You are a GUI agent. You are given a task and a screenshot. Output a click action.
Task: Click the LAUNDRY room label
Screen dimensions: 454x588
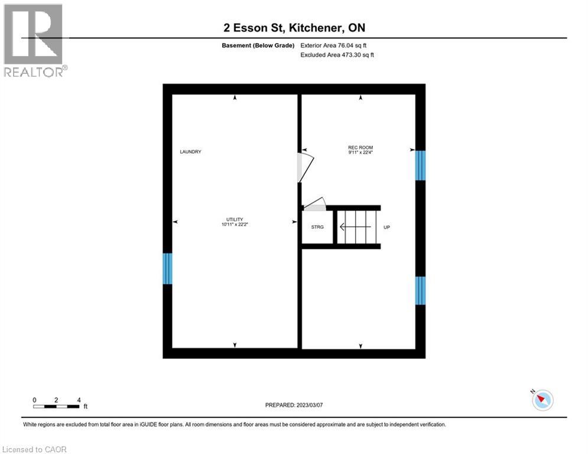tap(190, 152)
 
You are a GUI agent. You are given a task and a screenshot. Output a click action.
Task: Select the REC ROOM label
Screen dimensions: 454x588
tap(360, 147)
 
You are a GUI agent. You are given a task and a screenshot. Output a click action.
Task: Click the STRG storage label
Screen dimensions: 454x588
tap(317, 227)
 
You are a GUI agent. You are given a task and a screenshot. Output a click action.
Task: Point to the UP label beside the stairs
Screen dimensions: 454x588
tap(386, 227)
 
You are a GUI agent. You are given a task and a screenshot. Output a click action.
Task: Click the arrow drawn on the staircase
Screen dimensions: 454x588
tap(354, 226)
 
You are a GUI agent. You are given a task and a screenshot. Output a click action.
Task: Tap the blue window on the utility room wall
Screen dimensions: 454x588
tap(167, 268)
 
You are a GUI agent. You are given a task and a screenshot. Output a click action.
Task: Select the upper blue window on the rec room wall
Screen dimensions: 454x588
tap(420, 166)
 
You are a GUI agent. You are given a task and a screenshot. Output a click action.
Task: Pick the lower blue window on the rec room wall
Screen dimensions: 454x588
tap(420, 290)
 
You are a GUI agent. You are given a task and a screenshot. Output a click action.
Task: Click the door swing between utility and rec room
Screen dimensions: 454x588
tap(303, 167)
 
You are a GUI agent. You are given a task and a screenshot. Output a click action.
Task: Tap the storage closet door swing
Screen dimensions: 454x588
tap(314, 204)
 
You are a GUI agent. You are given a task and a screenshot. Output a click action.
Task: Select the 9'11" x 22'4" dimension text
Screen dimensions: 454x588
tap(360, 153)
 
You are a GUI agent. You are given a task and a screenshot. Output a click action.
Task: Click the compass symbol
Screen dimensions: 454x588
tap(542, 400)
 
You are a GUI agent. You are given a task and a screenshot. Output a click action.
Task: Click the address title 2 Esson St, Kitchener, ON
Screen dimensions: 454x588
tap(294, 28)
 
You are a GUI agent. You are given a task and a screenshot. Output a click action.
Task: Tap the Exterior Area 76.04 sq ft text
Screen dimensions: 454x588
tap(337, 46)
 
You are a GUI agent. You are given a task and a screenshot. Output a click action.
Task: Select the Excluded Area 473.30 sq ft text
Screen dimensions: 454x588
tap(337, 55)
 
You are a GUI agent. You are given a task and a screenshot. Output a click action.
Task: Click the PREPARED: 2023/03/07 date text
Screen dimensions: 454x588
tap(294, 405)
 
